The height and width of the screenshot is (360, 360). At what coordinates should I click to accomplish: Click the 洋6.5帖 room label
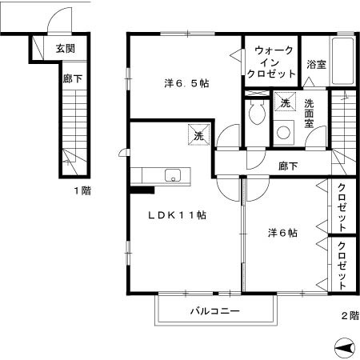point(187,82)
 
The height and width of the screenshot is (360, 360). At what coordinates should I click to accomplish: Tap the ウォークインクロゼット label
point(272,62)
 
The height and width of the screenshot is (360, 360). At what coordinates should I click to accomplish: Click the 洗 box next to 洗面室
point(284,102)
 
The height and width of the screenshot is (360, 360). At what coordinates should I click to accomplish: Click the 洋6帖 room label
point(282,234)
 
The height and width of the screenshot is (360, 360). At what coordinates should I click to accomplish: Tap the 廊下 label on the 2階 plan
point(288,166)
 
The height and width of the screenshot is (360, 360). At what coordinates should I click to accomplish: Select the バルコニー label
point(214,310)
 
